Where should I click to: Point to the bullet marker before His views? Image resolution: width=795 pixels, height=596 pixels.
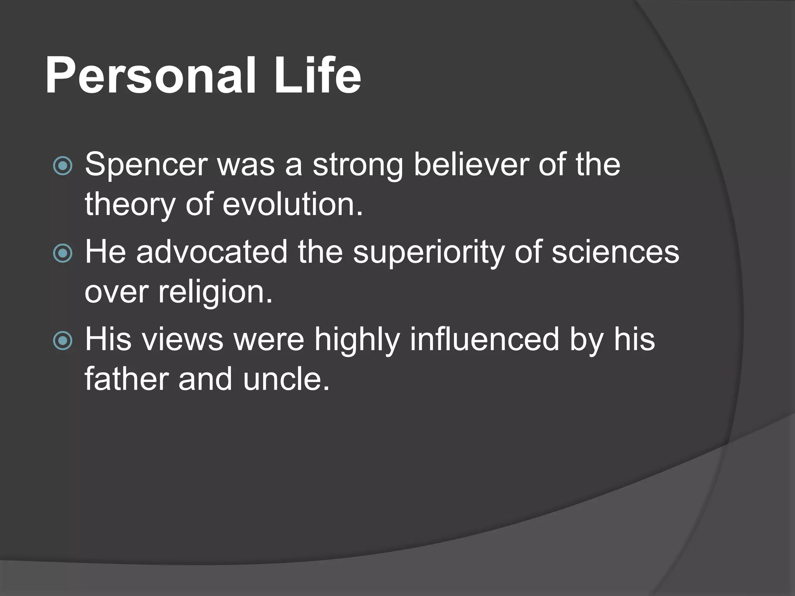tap(62, 341)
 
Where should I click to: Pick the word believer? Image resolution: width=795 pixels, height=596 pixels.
tap(471, 165)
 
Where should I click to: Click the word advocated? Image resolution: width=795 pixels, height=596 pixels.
tap(212, 253)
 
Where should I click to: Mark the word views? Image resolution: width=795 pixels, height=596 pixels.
tap(182, 340)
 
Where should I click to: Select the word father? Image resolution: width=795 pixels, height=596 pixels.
tap(127, 379)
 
